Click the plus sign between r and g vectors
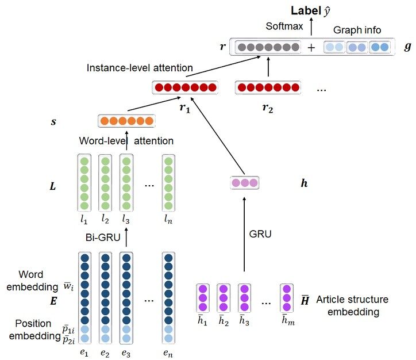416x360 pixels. click(311, 48)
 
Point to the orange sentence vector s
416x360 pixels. click(125, 121)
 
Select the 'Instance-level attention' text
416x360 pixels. click(140, 68)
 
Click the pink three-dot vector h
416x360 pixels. click(244, 183)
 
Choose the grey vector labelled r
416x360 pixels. click(268, 47)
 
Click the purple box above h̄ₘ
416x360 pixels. click(287, 299)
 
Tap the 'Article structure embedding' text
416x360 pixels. click(352, 306)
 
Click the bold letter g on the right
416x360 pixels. click(407, 47)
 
